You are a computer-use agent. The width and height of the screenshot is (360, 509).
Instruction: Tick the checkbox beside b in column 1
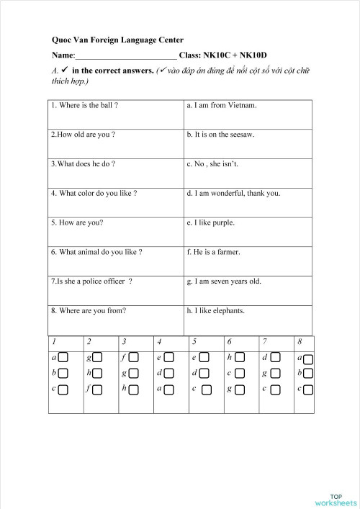coord(63,374)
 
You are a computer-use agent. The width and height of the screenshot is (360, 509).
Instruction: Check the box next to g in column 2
coord(98,358)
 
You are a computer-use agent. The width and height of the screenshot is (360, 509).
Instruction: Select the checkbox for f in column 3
coord(133,358)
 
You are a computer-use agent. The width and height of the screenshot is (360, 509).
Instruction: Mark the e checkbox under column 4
coord(168,358)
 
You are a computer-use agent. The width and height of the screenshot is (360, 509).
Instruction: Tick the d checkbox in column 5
coord(204,374)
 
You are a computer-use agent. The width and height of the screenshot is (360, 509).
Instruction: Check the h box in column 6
coord(239,358)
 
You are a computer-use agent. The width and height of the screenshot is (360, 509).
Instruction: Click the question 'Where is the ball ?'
coord(85,105)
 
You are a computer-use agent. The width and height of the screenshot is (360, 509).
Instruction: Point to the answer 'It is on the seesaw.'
coord(220,135)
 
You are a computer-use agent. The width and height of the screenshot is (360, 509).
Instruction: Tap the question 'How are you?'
coord(77,223)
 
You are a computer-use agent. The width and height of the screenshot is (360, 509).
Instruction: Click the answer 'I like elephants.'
coord(215,311)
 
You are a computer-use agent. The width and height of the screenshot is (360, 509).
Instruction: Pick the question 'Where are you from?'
coord(89,311)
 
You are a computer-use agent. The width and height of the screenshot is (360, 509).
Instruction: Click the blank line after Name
coord(126,55)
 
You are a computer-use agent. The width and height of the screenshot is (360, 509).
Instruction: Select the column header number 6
coord(229,341)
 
